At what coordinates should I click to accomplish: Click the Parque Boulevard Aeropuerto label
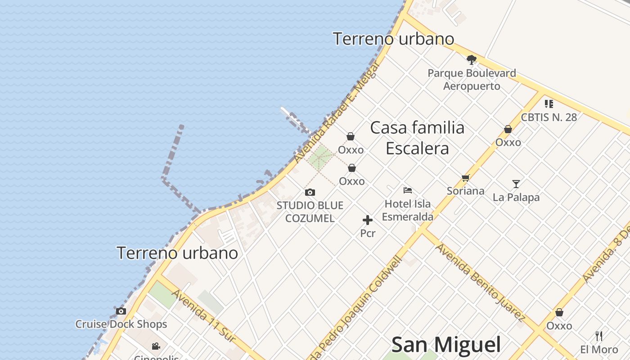[x=472, y=79]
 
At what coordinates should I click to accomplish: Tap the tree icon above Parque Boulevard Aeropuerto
[x=471, y=59]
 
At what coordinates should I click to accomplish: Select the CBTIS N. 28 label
[x=549, y=117]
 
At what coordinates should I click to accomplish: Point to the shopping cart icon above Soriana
[x=465, y=178]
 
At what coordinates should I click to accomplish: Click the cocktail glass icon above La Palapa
[x=516, y=184]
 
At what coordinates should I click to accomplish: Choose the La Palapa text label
[x=516, y=197]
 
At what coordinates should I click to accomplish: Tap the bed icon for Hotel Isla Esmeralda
[x=408, y=190]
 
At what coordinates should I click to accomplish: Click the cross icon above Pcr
[x=368, y=220]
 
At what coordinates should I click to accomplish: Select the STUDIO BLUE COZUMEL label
[x=310, y=212]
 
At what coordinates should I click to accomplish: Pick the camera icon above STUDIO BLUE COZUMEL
[x=310, y=193]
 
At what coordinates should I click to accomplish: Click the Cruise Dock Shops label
[x=121, y=324]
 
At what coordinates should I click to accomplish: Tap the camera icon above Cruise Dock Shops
[x=121, y=311]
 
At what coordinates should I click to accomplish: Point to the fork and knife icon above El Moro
[x=599, y=336]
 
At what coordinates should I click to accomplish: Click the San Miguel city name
[x=446, y=345]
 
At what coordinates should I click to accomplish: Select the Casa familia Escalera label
[x=417, y=138]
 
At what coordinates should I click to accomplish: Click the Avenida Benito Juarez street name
[x=480, y=283]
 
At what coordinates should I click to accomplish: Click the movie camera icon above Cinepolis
[x=156, y=346]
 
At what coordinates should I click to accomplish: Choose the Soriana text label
[x=465, y=191]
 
